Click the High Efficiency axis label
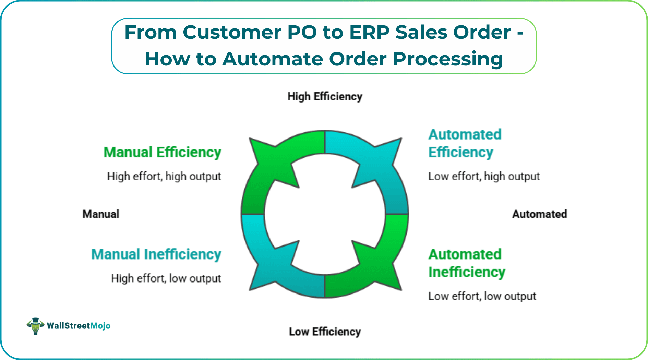tap(325, 97)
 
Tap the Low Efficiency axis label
tap(325, 332)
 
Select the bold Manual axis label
tap(101, 214)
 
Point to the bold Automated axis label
tap(539, 214)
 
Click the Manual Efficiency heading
tap(162, 152)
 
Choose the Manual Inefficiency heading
tap(156, 254)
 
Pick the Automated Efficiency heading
tap(465, 143)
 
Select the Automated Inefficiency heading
tap(466, 263)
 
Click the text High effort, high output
tap(164, 176)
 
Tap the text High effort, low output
tap(166, 278)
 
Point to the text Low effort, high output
tap(484, 176)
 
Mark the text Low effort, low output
tap(482, 296)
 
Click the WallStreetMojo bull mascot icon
tap(35, 326)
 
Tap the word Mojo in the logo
tap(100, 326)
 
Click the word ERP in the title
tap(369, 33)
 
